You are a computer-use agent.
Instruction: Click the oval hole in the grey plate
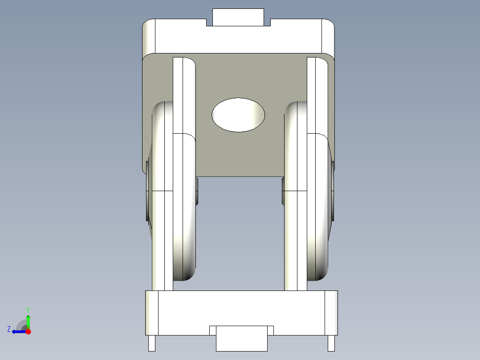coord(238,115)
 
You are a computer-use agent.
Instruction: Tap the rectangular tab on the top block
coord(238,17)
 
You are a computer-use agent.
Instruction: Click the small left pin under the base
coord(152,343)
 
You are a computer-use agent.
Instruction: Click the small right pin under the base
coord(331,343)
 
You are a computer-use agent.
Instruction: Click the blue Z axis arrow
coord(18,331)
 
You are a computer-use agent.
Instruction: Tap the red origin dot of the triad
coord(28,331)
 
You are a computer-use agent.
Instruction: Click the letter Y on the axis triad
coord(28,310)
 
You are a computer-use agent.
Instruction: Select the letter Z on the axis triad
coord(9,329)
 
